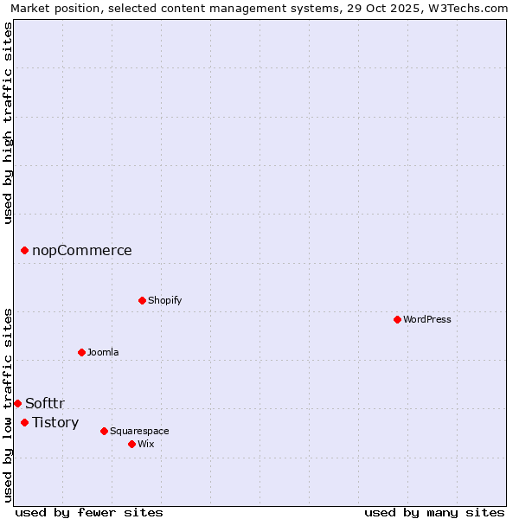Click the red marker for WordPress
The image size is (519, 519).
[x=397, y=319]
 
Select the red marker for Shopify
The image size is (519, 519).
[x=142, y=300]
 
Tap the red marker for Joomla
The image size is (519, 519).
[x=81, y=352]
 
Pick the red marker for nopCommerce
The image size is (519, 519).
[x=24, y=250]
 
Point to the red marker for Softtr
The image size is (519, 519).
[x=17, y=403]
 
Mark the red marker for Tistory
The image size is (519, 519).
[x=24, y=422]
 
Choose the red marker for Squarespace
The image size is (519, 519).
[x=104, y=431]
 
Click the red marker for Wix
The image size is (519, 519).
[x=131, y=444]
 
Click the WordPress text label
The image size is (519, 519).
[x=427, y=319]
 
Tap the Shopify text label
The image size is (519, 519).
[x=164, y=300]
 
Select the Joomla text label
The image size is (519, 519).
[x=103, y=352]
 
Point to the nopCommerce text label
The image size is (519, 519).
[x=82, y=250]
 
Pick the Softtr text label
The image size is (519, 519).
[x=45, y=403]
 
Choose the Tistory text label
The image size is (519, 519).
[x=55, y=422]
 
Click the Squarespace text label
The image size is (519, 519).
[x=139, y=431]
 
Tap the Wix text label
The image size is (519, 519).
[x=145, y=444]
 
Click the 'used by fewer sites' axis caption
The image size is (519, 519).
[x=89, y=512]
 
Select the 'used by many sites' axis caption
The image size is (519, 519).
[x=434, y=512]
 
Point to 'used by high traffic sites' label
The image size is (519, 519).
[x=8, y=123]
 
